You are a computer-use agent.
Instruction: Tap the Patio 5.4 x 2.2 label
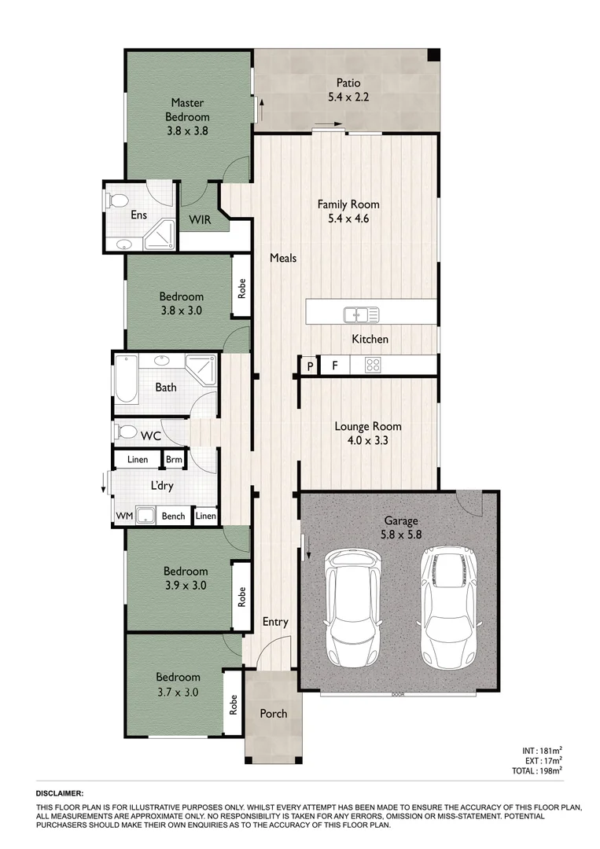click(348, 90)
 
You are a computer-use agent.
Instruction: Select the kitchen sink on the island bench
click(361, 314)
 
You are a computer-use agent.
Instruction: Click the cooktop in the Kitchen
click(373, 365)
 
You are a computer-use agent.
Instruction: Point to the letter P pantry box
click(310, 366)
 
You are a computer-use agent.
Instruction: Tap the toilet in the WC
click(124, 432)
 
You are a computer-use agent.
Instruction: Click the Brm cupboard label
click(173, 459)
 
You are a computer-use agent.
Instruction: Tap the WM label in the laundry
click(124, 516)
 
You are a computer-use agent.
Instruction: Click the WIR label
click(199, 219)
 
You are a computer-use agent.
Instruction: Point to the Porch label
click(273, 714)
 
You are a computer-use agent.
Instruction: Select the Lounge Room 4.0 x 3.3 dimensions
click(367, 441)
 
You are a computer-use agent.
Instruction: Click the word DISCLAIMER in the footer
click(60, 794)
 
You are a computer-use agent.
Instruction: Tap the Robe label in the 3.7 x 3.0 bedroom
click(234, 704)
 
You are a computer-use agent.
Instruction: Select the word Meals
click(283, 257)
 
